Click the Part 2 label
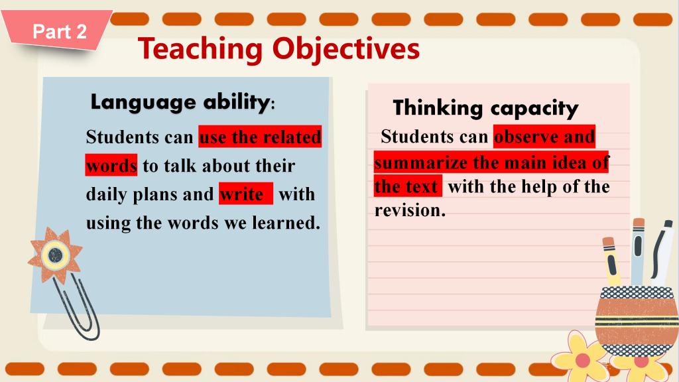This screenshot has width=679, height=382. click(60, 32)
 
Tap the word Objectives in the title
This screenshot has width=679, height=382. click(346, 49)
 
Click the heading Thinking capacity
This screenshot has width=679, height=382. click(485, 108)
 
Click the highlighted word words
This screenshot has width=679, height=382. click(111, 165)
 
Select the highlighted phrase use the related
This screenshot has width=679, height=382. click(260, 137)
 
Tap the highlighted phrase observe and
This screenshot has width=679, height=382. click(544, 137)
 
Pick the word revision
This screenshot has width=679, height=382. click(410, 210)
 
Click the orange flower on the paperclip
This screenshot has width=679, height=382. click(55, 255)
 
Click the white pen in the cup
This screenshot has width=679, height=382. click(662, 253)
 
